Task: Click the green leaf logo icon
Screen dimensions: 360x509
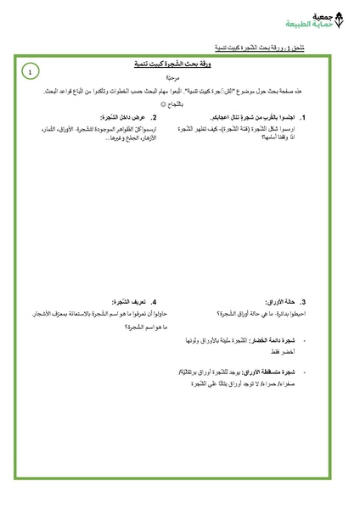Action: (x=340, y=20)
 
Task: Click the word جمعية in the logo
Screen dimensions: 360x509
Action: (x=322, y=16)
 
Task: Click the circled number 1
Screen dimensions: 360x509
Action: (x=30, y=73)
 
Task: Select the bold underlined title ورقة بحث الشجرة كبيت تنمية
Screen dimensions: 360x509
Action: (x=174, y=64)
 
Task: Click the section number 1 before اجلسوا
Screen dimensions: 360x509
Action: (x=303, y=117)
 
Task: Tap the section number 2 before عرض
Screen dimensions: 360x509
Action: (x=154, y=117)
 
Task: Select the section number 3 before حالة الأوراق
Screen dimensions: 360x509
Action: (x=303, y=301)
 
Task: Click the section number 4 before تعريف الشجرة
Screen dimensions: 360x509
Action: (x=154, y=301)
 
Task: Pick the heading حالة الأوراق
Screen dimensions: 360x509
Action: (x=280, y=301)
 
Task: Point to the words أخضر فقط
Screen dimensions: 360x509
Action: (x=279, y=350)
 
